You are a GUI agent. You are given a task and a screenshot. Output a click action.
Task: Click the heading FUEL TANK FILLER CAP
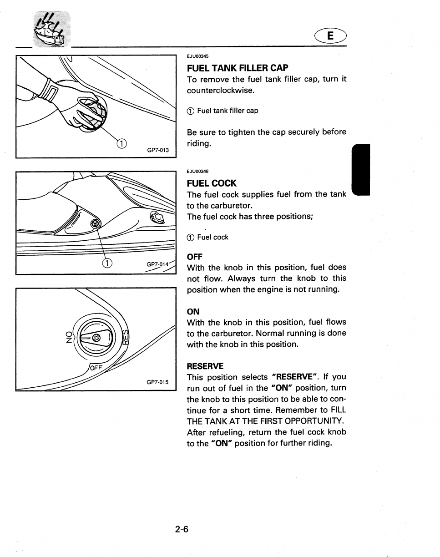click(237, 68)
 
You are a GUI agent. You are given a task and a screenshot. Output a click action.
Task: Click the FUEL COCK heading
click(212, 183)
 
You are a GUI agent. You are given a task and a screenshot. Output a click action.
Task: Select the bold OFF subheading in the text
click(195, 257)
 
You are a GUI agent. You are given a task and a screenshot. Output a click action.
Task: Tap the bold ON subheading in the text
click(193, 312)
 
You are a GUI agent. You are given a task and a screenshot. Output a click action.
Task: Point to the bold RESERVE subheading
click(205, 366)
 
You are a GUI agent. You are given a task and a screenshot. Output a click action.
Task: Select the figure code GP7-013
click(158, 150)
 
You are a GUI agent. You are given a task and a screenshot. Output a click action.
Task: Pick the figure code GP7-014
click(157, 264)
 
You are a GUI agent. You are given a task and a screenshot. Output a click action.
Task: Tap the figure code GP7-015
click(157, 382)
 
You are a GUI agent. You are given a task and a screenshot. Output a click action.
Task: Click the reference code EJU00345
click(197, 56)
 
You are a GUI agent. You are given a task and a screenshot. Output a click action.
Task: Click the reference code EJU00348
click(197, 172)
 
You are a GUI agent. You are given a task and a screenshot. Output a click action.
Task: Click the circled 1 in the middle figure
click(106, 263)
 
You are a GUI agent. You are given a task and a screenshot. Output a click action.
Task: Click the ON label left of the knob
click(69, 336)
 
